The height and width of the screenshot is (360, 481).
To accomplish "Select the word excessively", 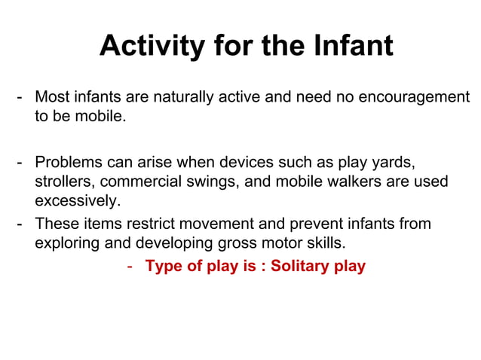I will click(77, 201).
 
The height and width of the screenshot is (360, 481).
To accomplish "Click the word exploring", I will click(66, 243).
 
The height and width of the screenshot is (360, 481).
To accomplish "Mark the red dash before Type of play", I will click(130, 267).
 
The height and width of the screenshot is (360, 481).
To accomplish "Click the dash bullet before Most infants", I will click(21, 98).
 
